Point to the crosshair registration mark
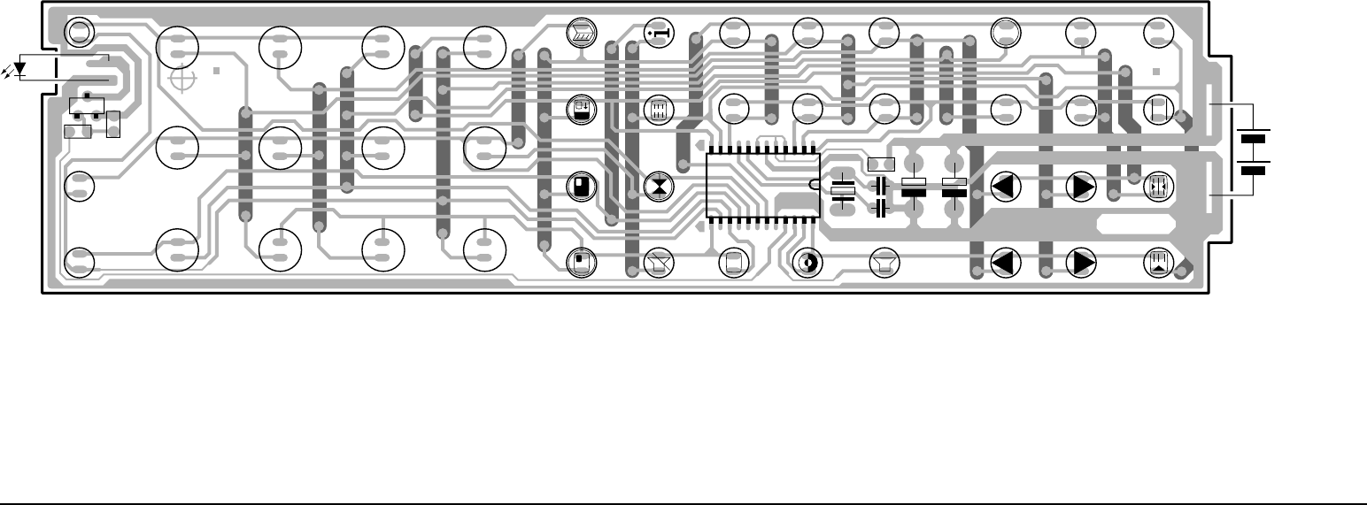coord(182,80)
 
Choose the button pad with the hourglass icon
coord(659,187)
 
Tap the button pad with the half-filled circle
coord(807,262)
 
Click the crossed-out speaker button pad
coord(659,262)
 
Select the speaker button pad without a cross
coord(883,262)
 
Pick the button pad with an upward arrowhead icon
coord(1159,262)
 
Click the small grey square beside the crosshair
coord(217,71)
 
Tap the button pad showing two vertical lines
coord(1159,109)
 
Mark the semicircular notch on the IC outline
coord(814,185)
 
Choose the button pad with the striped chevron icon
coord(580,32)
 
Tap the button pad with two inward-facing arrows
coord(1159,187)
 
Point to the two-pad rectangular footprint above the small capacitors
coord(882,165)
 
